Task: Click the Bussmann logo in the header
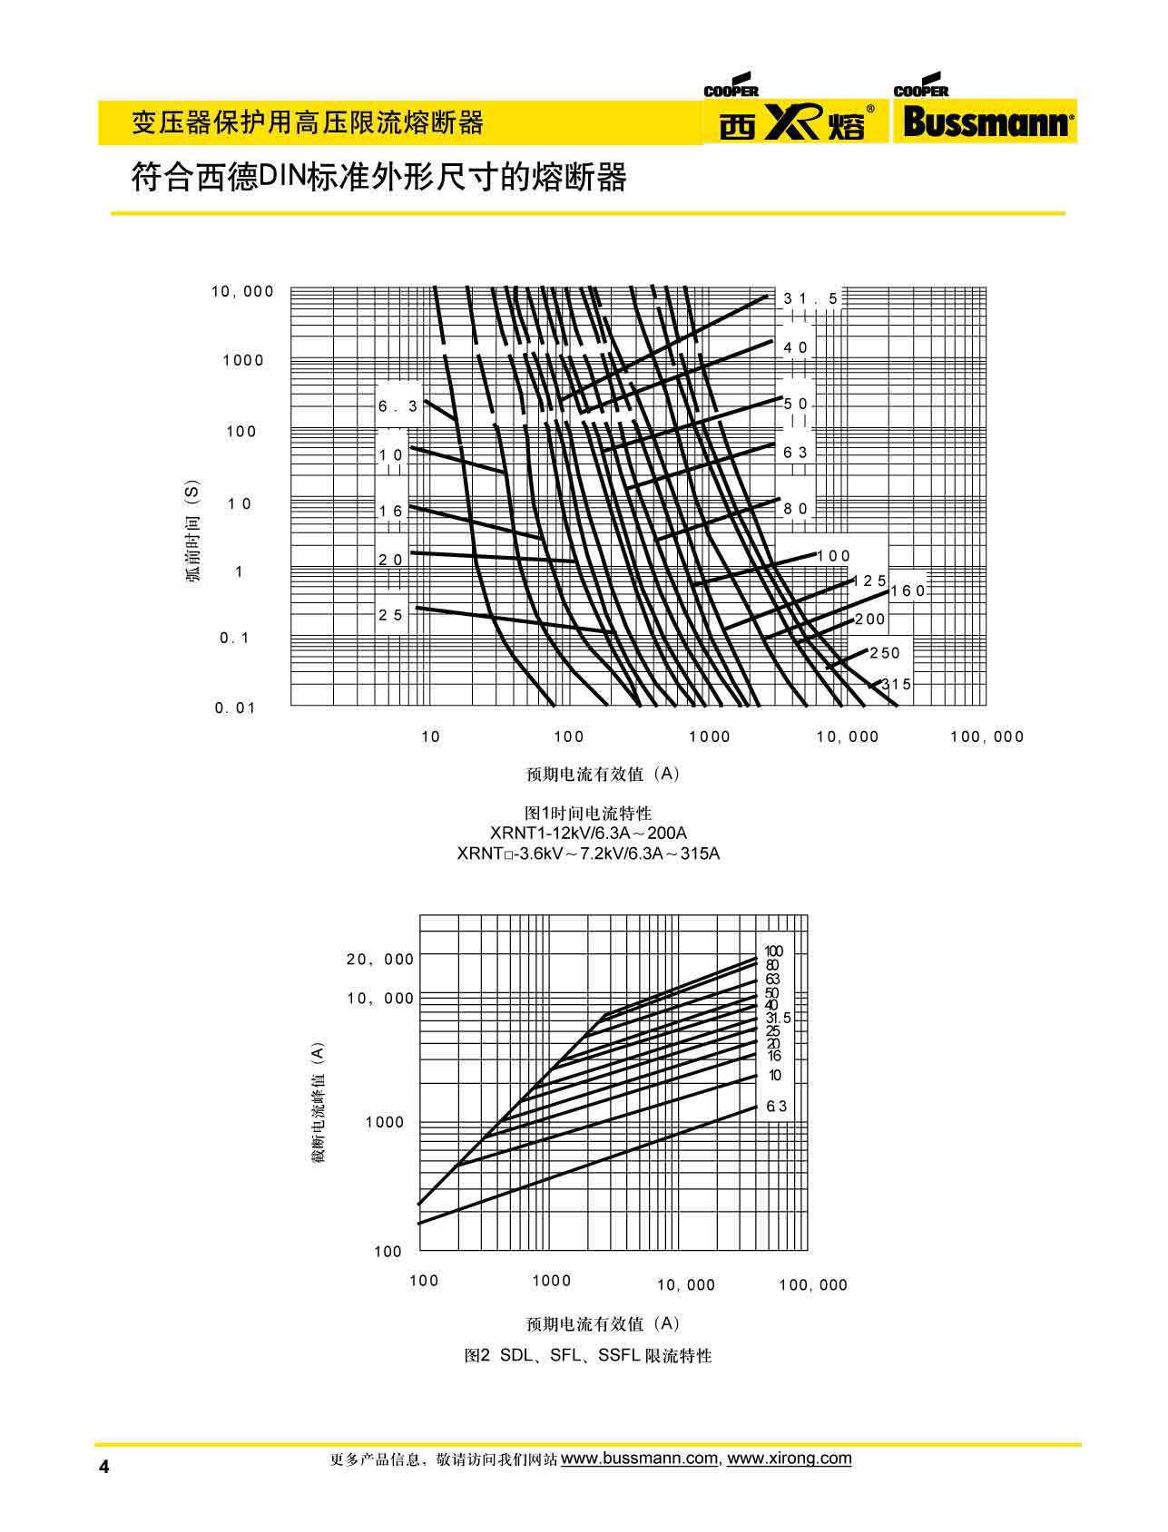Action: coord(986,121)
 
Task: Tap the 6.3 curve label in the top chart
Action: coord(398,406)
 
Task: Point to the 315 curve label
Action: coord(896,685)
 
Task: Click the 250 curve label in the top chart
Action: coord(885,653)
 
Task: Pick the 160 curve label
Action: coord(908,590)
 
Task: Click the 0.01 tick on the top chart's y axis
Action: coord(235,708)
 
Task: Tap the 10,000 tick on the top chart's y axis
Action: coord(242,291)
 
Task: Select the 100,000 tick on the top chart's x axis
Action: coord(986,737)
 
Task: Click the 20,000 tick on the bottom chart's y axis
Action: coord(380,960)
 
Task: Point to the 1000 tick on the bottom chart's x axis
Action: coord(552,1281)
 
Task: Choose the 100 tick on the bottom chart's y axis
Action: coord(388,1252)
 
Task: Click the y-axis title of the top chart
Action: coord(194,535)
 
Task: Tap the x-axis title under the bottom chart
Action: coord(603,1323)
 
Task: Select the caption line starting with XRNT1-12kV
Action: coord(588,833)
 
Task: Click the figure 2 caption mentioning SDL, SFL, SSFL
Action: coord(588,1356)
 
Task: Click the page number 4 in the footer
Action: coord(103,1468)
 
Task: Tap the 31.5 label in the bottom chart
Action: coord(778,1019)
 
